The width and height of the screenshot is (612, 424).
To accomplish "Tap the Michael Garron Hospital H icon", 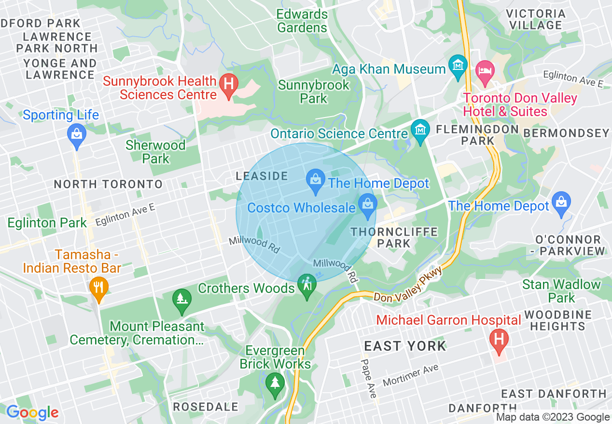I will click(x=499, y=339).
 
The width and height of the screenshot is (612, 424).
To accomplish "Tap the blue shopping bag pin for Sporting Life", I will click(x=77, y=133).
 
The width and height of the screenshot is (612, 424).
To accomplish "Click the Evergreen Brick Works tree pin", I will click(x=275, y=384).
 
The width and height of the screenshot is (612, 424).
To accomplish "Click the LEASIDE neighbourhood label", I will click(x=262, y=176).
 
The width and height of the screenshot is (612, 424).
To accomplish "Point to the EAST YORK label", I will click(x=405, y=346).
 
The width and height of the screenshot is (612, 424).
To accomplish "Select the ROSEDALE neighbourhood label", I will click(x=206, y=407).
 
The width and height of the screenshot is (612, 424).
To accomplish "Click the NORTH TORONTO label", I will click(x=108, y=184).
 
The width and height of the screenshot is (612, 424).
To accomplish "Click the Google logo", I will click(x=32, y=412).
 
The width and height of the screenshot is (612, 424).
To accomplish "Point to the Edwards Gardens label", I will click(x=302, y=21).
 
